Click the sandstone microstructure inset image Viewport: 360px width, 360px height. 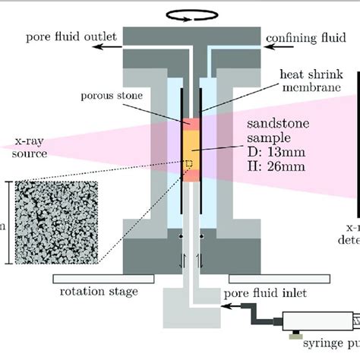pyautogui.click(x=60, y=222)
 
